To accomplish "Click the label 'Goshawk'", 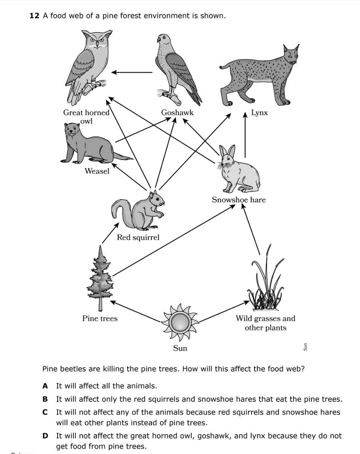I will pos(177,113).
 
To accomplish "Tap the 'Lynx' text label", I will pos(259,113).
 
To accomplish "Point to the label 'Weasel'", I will pos(97,171).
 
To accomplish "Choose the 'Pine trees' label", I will pos(100,318).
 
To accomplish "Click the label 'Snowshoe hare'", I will pos(238,200).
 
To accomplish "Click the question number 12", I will pos(34,16).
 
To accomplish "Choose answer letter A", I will pos(45,386).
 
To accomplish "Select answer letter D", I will pos(45,436).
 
